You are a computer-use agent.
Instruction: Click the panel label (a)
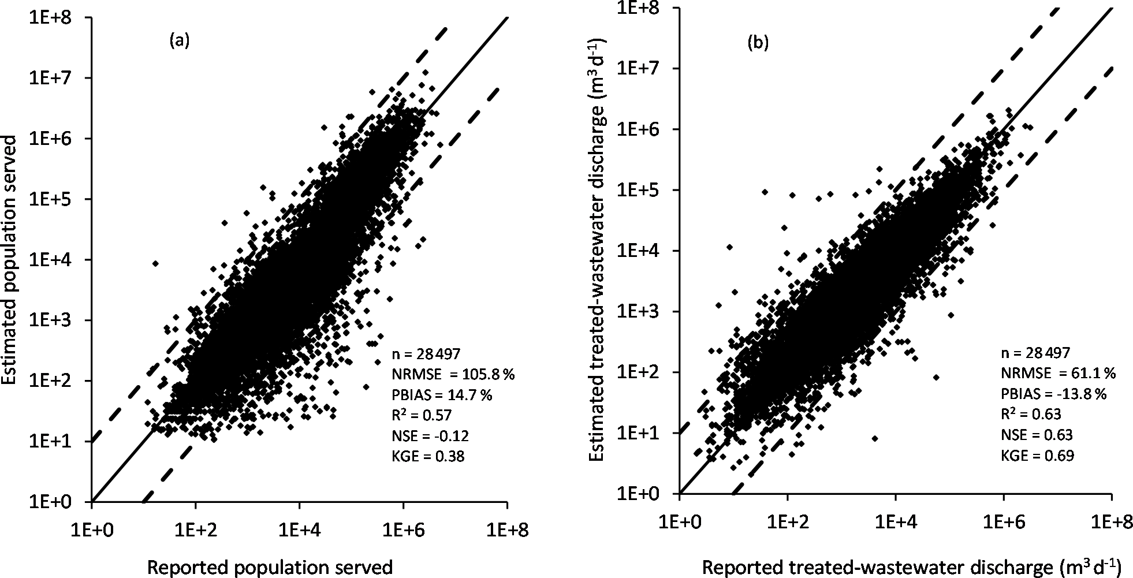(180, 40)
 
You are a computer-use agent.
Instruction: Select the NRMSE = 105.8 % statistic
(453, 374)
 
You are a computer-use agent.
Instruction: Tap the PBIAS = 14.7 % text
(442, 394)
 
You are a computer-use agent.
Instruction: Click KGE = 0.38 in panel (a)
(428, 456)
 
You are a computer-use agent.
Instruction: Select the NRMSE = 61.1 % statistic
(1058, 373)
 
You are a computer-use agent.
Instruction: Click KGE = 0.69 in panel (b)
(1038, 456)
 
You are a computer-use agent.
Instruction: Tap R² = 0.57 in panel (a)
(422, 415)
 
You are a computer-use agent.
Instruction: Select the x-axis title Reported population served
(270, 567)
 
